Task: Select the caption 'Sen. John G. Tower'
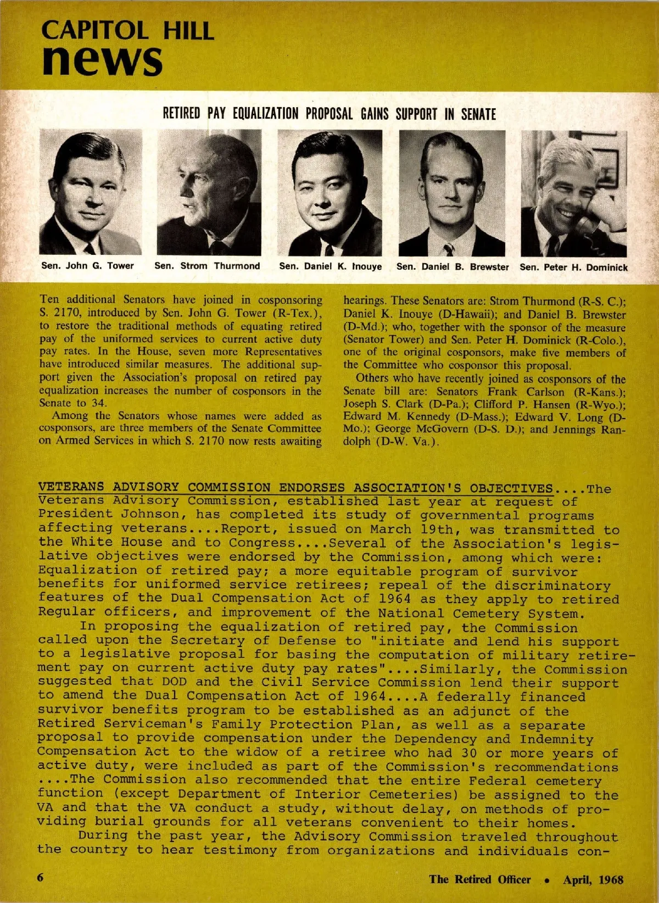tap(88, 266)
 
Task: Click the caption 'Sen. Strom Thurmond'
tap(207, 266)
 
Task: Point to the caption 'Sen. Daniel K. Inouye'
tap(330, 266)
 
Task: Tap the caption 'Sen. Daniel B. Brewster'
tap(453, 267)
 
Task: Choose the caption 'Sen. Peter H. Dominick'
tap(573, 267)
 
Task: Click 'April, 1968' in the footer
tap(593, 879)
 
